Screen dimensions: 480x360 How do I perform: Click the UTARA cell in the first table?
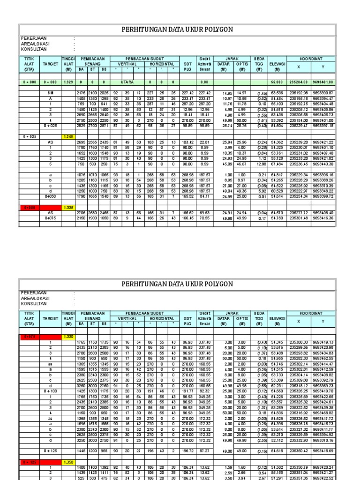(x=128, y=82)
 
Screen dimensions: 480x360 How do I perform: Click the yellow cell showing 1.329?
(x=68, y=82)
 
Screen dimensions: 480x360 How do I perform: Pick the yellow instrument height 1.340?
(x=68, y=137)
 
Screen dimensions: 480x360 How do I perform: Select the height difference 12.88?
(x=260, y=164)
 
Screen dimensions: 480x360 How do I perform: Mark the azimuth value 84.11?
(x=203, y=196)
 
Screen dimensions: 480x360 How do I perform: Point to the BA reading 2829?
(x=81, y=126)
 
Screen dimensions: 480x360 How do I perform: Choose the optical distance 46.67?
(x=242, y=164)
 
